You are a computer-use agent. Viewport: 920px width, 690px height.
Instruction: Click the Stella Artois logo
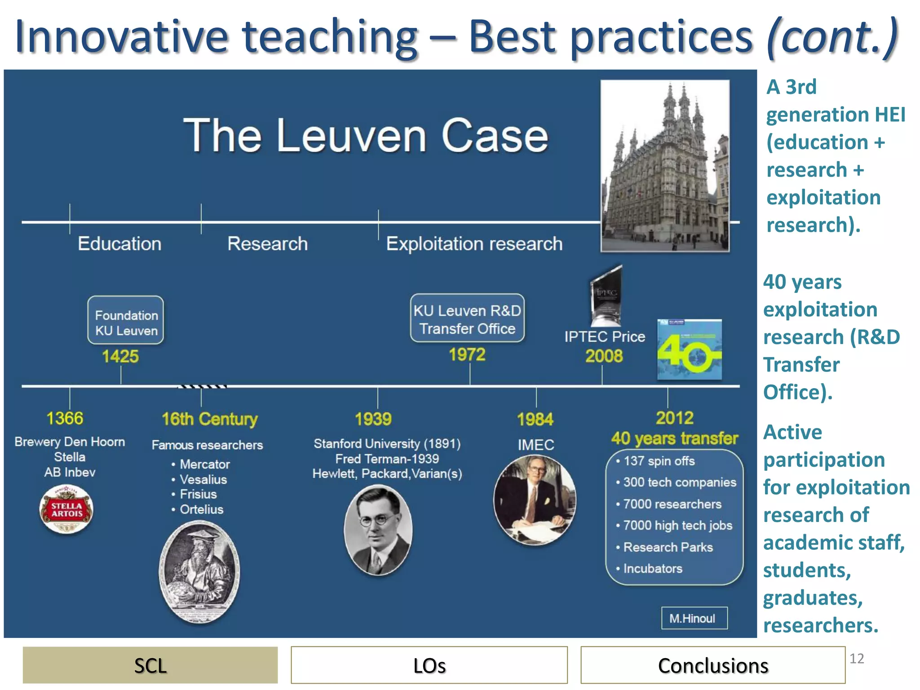coord(66,509)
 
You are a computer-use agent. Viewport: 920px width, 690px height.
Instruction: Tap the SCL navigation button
coord(150,665)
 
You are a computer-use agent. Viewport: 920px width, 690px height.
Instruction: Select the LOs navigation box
coord(429,665)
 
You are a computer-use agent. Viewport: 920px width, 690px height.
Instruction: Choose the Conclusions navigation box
coord(712,665)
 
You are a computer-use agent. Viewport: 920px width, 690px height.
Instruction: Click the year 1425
coord(120,356)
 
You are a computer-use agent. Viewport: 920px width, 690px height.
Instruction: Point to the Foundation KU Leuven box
coord(126,320)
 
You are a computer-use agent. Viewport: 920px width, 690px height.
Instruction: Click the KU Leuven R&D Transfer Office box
coord(467,318)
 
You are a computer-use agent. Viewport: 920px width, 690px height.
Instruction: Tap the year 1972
coord(467,355)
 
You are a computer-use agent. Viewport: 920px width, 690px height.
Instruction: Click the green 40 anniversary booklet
coord(690,349)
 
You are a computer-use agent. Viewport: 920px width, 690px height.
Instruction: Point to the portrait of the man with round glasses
coord(378,530)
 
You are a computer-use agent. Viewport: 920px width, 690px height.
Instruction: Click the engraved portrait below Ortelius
coord(199,572)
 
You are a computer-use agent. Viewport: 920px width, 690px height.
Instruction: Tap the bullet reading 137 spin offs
coord(659,461)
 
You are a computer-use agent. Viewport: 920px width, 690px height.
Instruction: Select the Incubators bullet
coord(652,569)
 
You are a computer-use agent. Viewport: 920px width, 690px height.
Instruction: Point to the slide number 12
coord(857,659)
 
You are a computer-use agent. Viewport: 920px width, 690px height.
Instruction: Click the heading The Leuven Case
coord(366,136)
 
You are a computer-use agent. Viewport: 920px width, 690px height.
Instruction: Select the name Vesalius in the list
coord(203,479)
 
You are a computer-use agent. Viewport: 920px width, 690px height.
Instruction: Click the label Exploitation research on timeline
coord(474,244)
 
